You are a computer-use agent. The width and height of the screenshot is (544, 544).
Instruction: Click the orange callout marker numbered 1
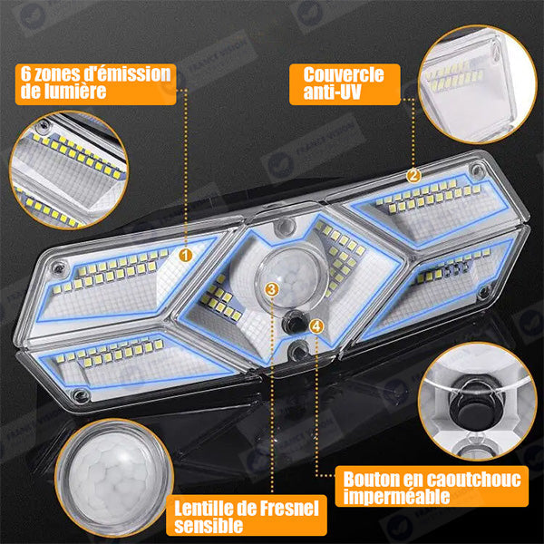[186, 256]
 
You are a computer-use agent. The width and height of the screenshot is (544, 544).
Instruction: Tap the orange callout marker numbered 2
[413, 176]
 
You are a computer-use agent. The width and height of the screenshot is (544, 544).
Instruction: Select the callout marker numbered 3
[272, 288]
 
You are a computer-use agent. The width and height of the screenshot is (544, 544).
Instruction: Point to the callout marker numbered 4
[316, 326]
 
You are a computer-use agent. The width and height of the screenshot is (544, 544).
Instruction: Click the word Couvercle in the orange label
[344, 74]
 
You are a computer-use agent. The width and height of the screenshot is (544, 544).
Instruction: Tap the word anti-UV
[333, 92]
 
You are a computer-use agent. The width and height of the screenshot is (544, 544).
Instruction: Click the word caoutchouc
[473, 479]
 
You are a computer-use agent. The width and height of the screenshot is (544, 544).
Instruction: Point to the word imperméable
[396, 496]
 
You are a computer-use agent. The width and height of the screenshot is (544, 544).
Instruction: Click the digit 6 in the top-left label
[25, 74]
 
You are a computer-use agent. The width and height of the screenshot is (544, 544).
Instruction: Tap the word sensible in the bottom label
[209, 526]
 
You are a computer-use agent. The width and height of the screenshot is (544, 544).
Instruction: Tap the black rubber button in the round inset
[474, 405]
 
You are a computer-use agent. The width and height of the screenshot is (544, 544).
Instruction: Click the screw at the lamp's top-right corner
[478, 170]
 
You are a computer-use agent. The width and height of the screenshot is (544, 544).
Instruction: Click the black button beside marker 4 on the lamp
[294, 321]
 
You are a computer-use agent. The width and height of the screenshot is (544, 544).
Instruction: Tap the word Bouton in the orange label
[371, 479]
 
